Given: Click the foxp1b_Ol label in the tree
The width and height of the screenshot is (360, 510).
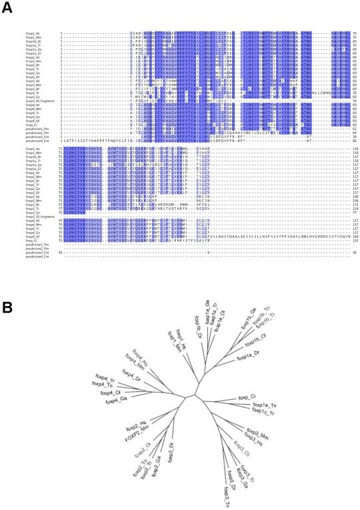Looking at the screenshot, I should [x=224, y=313].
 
